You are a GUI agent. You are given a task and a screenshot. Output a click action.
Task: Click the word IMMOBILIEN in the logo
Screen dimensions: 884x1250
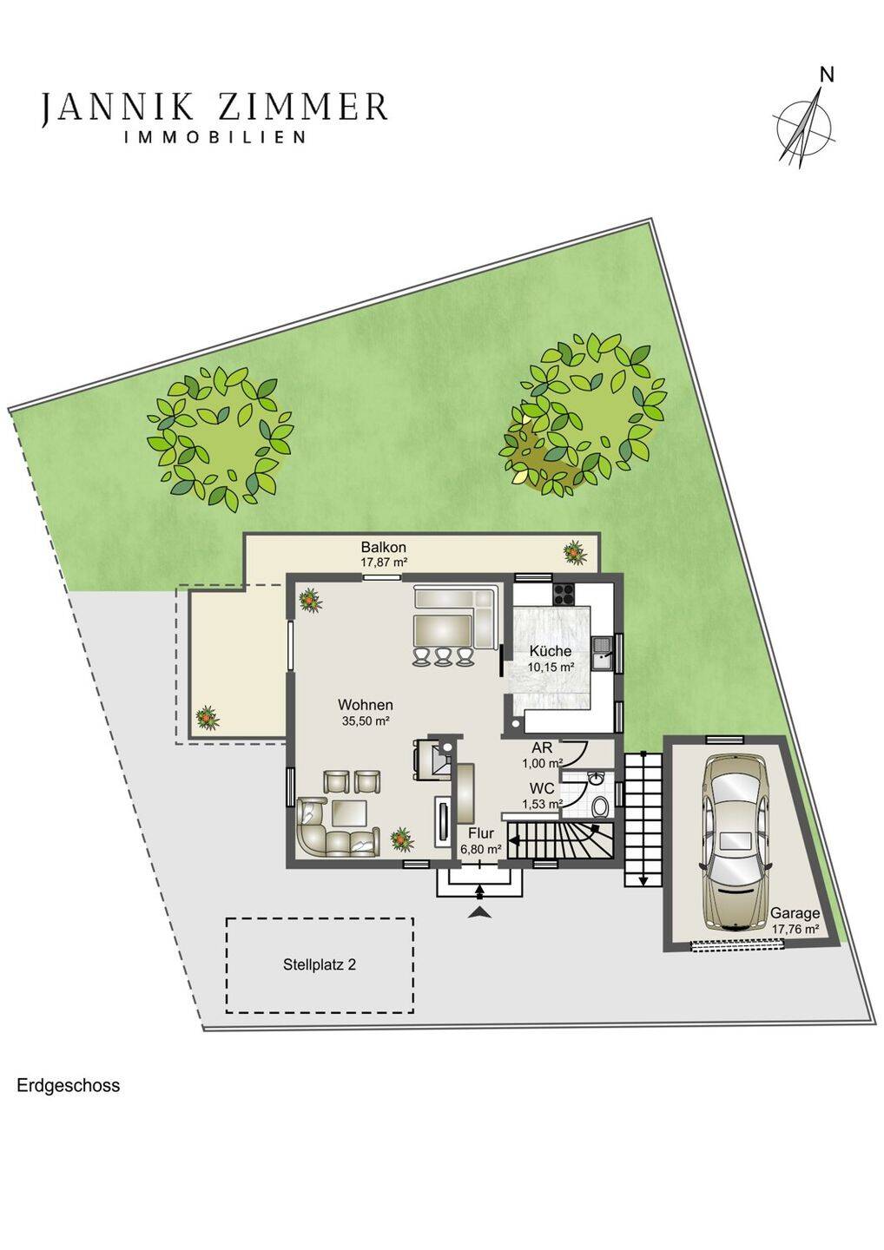pos(214,137)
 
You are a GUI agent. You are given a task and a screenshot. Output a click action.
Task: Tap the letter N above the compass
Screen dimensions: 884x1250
pos(827,75)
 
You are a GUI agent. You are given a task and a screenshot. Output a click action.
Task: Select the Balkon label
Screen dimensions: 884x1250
pos(383,546)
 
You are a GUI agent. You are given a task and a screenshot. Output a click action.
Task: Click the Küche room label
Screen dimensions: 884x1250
pos(551,651)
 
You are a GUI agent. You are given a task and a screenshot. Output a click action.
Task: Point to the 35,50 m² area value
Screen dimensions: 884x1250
pos(365,720)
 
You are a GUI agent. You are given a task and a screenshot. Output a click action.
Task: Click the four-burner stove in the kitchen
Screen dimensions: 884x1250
pos(564,593)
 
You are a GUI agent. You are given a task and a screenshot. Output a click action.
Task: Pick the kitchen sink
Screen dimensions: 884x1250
pos(603,654)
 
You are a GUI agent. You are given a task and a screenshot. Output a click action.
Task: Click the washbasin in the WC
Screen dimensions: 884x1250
pos(597,778)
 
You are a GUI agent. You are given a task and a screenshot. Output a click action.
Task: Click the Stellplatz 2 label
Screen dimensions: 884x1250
pos(320,965)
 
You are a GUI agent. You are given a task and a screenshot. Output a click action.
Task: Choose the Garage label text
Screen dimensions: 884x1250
pos(795,913)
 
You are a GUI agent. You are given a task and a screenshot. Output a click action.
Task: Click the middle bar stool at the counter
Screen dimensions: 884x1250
pos(443,656)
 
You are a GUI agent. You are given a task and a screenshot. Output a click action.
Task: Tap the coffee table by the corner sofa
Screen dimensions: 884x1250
pos(349,813)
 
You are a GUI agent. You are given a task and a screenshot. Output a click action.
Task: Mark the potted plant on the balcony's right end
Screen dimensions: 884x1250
pos(575,553)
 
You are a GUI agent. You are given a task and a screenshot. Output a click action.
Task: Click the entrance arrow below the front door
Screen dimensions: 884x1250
pos(479,911)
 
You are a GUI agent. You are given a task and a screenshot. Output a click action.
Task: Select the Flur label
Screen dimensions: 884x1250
pos(480,833)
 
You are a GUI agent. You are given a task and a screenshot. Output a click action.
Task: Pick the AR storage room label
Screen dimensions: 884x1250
pos(542,747)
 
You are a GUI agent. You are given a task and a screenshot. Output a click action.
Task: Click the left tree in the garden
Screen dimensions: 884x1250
pos(220,437)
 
